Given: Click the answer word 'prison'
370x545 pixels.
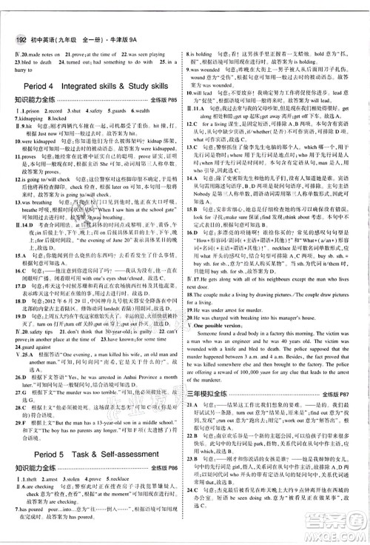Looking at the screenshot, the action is pos(33,111).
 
